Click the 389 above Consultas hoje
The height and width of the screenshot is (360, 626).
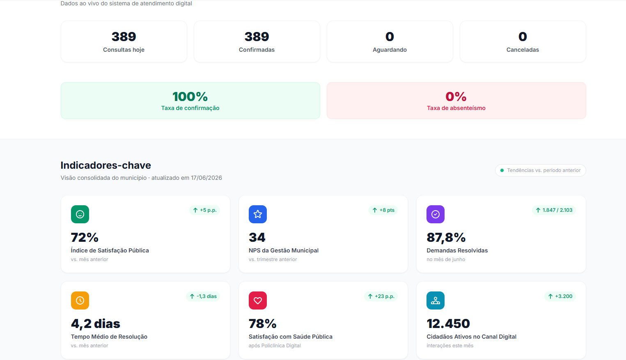[124, 37]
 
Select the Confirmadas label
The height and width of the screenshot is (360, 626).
[257, 50]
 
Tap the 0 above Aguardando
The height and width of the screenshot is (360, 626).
[390, 37]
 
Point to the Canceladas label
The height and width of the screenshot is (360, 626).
[523, 50]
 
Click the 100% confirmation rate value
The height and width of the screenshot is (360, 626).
[190, 97]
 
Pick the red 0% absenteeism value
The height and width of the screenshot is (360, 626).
[456, 97]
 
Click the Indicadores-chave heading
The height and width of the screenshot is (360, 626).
[105, 165]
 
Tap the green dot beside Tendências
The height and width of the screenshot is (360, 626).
[502, 170]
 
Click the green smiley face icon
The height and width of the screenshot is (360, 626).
[80, 214]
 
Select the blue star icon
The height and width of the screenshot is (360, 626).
[258, 214]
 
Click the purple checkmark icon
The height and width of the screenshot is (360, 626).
[436, 214]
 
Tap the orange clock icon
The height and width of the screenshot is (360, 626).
[80, 300]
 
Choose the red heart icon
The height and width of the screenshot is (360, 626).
[258, 300]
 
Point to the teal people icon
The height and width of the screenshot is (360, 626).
[436, 300]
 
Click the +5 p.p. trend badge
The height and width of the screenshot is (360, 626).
[204, 210]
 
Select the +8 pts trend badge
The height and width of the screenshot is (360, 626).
[383, 210]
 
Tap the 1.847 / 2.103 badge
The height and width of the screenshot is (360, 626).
[554, 210]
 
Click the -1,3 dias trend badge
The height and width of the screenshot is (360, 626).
[203, 296]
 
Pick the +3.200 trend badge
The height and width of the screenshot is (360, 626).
[560, 296]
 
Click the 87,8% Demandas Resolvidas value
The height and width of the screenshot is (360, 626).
[446, 238]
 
